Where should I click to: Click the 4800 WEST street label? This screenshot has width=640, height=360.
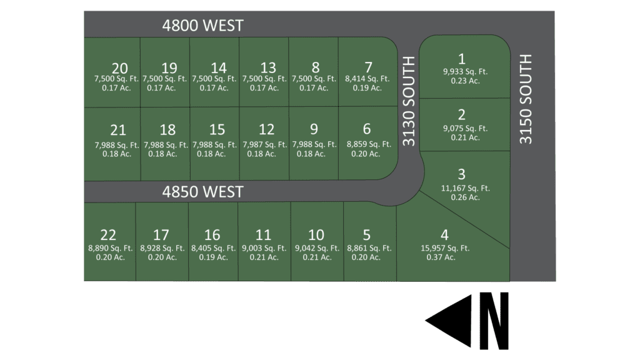202,26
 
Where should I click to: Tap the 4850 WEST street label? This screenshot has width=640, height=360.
202,191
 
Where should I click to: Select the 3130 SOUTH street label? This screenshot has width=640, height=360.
409,101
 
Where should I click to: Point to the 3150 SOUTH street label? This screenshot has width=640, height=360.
526,99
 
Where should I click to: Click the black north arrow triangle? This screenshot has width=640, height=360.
449,320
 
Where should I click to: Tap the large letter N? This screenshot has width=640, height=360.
494,320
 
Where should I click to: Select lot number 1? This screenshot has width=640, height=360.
462,59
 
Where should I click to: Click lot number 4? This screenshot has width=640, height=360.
444,235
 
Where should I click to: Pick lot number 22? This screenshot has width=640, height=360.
108,235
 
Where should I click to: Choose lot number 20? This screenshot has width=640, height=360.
119,68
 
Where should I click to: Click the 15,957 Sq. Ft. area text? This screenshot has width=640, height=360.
445,248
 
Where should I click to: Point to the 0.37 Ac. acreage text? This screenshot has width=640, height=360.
441,257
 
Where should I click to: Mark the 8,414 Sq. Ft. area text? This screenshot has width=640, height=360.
367,79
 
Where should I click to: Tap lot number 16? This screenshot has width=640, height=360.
212,235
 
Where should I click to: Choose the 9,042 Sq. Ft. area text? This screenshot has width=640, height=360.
317,248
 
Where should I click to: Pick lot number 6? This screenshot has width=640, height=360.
367,129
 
